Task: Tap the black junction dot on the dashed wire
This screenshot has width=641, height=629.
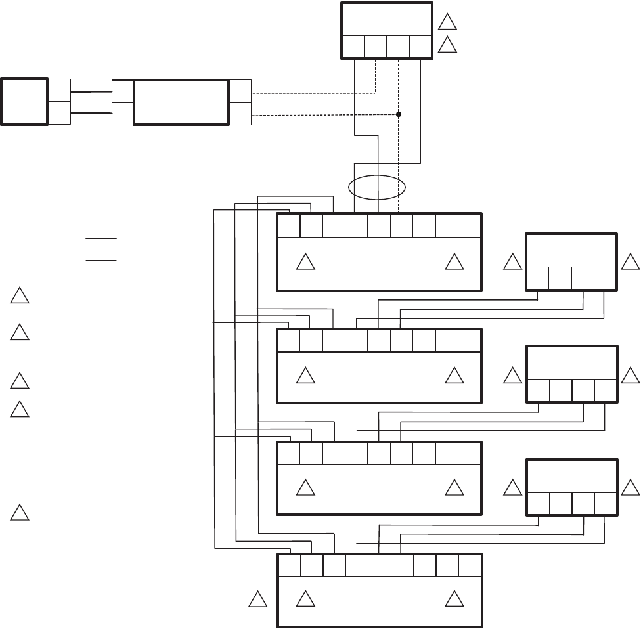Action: (x=399, y=114)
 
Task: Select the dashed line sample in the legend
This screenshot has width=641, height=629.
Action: (x=100, y=249)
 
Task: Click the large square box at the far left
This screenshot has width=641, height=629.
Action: (x=24, y=101)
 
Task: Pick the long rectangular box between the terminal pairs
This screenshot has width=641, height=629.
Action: (x=181, y=102)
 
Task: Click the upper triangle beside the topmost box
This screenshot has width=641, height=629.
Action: (x=447, y=22)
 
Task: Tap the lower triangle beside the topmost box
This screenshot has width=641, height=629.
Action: (x=447, y=45)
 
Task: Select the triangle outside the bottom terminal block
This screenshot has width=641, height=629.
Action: (x=258, y=599)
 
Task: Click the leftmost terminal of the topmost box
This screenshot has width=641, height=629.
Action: (x=353, y=47)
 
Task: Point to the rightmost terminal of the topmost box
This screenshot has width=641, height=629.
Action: (x=420, y=47)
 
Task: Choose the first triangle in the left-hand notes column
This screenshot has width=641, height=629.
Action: (x=20, y=296)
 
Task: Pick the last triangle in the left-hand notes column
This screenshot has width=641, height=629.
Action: (x=20, y=512)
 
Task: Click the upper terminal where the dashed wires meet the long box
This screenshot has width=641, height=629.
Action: (x=240, y=91)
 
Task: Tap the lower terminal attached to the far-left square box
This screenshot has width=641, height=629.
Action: (x=59, y=113)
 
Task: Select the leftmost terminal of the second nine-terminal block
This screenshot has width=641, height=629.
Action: (x=289, y=340)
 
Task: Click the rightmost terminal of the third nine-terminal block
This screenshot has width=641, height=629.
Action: (x=470, y=453)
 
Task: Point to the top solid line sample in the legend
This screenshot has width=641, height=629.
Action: (x=100, y=238)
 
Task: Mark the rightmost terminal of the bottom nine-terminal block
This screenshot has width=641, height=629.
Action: (x=470, y=566)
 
